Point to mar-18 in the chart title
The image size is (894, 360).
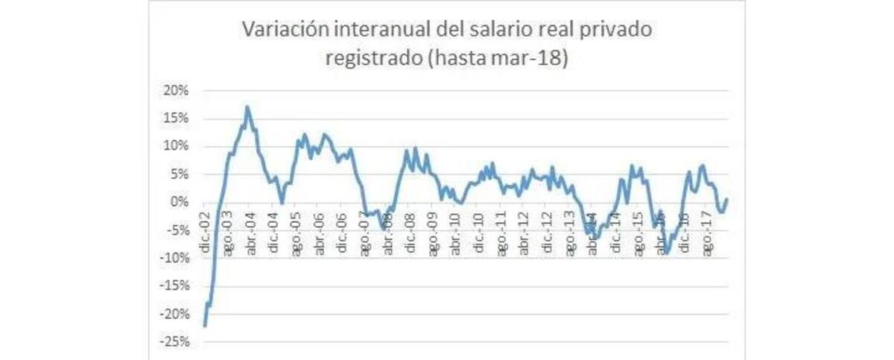point(530,58)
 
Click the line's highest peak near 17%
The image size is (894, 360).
point(247,107)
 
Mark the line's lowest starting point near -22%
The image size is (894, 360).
point(204,326)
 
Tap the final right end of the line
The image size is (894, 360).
point(726,199)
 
